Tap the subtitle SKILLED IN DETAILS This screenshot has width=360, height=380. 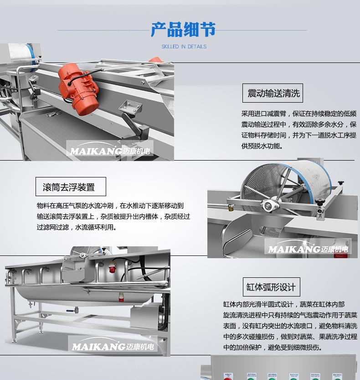pos(184,47)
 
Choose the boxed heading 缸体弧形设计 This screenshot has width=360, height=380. pos(272,287)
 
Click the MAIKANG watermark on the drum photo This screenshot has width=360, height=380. pos(308,249)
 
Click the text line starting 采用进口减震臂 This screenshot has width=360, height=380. pos(298,114)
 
